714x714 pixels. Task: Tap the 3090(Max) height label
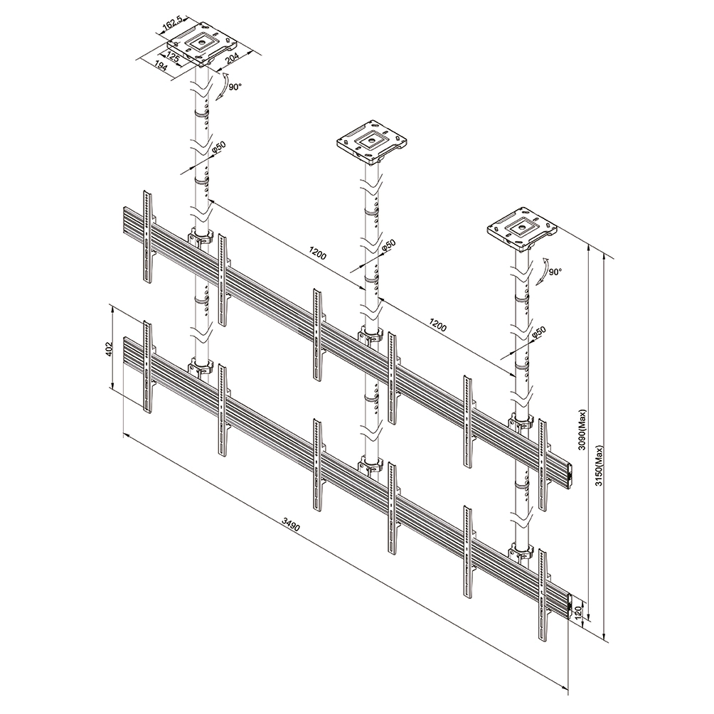(x=582, y=430)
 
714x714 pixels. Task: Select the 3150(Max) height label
(x=599, y=465)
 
